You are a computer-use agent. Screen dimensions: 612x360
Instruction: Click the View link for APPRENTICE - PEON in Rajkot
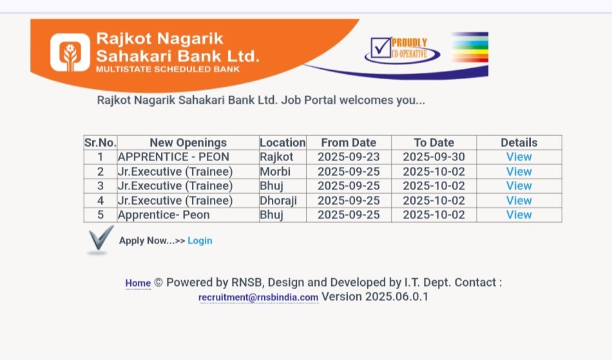click(x=519, y=156)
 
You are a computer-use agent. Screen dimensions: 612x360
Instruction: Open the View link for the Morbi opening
click(x=519, y=171)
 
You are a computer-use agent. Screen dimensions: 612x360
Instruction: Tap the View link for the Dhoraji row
click(x=519, y=200)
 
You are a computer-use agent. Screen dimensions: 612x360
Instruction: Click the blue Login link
click(x=200, y=241)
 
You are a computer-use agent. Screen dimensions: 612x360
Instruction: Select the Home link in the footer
click(x=138, y=283)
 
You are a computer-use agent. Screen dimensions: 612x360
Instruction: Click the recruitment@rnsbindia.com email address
click(x=258, y=298)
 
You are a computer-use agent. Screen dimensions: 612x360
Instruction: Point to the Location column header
click(x=283, y=143)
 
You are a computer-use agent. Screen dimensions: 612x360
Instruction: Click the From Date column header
click(x=349, y=143)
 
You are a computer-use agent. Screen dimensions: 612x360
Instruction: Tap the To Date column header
click(x=434, y=143)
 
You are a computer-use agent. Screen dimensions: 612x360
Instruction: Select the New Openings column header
click(x=188, y=143)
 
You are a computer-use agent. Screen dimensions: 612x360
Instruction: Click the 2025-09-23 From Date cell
click(x=349, y=156)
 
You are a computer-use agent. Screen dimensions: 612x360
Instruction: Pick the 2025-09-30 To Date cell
click(x=434, y=156)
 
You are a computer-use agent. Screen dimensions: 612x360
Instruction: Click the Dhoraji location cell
click(x=278, y=200)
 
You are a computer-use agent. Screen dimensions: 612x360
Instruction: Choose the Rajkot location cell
click(x=276, y=156)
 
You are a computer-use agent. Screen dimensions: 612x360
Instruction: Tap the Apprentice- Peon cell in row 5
click(x=164, y=215)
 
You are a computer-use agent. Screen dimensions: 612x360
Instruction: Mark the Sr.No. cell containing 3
click(x=100, y=186)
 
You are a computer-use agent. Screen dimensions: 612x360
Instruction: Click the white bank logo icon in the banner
click(x=70, y=52)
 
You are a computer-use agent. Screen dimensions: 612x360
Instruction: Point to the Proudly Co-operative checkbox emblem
click(x=402, y=50)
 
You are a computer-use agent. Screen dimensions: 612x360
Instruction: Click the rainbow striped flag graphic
click(x=470, y=47)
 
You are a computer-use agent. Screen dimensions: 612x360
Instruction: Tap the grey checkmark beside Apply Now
click(x=100, y=240)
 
